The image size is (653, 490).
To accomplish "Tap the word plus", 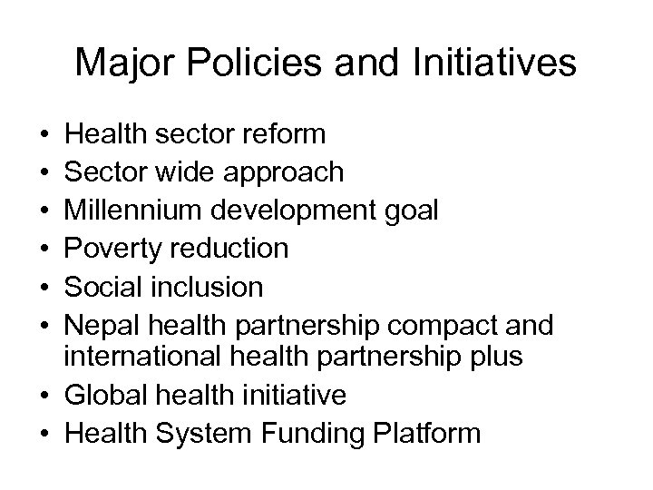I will point(493,358).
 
